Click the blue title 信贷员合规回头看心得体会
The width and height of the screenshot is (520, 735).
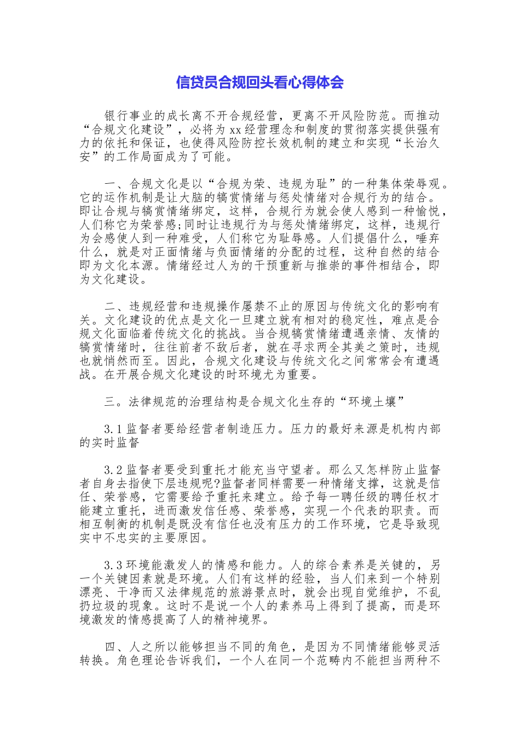(x=259, y=83)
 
